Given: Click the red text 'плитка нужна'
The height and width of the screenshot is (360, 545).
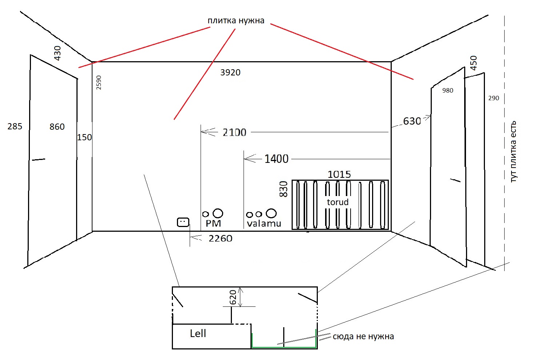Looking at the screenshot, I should [x=236, y=21].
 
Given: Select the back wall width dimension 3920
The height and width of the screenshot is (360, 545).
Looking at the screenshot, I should [x=230, y=73].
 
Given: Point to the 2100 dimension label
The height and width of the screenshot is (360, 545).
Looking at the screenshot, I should [x=234, y=132].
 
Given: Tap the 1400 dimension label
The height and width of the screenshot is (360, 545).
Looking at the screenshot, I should [x=276, y=159].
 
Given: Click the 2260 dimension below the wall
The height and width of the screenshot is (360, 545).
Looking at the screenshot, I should [x=220, y=238].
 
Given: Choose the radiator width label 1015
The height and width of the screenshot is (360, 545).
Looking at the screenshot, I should [x=339, y=175].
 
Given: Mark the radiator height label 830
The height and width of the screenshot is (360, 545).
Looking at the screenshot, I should [x=284, y=189].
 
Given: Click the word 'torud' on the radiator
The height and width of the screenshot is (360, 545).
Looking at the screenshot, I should [x=337, y=202].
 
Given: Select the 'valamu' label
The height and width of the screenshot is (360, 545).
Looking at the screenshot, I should [x=264, y=223].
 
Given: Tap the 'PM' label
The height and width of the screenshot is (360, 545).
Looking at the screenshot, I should [x=213, y=223].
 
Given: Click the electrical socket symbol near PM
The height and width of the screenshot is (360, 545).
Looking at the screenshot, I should [x=183, y=222].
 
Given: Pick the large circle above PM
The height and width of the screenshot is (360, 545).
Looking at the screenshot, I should [x=218, y=213].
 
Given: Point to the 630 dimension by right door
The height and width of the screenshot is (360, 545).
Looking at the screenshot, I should [x=412, y=121].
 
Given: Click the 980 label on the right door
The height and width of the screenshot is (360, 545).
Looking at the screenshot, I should [x=448, y=90].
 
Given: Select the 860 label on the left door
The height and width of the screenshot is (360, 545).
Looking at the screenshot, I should [x=57, y=127].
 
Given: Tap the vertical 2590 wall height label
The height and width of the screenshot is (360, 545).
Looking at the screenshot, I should [x=99, y=83].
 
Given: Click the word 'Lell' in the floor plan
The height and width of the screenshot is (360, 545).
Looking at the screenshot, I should [x=198, y=333].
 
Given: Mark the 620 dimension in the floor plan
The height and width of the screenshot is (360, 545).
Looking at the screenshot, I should [x=233, y=297].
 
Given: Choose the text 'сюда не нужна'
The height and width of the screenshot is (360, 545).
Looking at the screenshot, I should [x=363, y=336].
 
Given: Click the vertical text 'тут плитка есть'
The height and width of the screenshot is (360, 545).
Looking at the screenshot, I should [x=513, y=152].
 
